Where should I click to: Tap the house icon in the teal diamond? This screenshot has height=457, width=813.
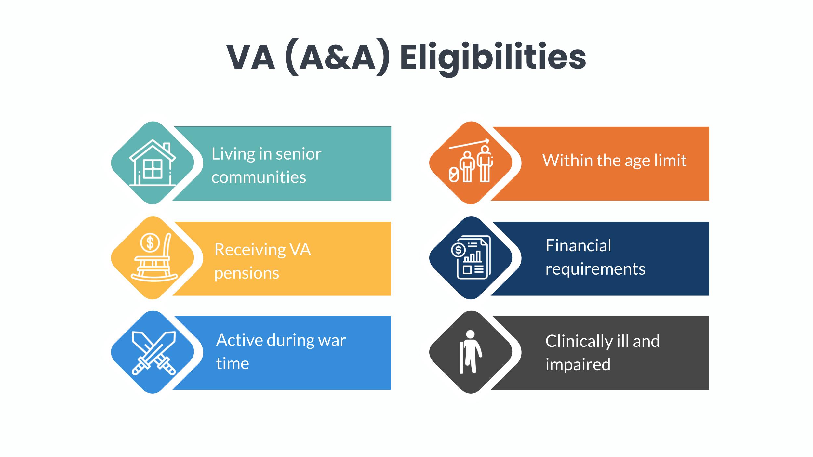[x=153, y=163]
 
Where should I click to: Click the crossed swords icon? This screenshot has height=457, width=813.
[x=153, y=353]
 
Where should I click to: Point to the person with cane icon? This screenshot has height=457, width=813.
[x=470, y=352]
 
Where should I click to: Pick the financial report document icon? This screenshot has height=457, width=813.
[x=471, y=257]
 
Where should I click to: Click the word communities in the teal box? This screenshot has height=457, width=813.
[x=259, y=177]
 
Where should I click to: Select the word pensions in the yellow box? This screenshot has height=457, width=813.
[x=247, y=273]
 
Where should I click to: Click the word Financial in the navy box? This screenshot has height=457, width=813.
[x=578, y=245]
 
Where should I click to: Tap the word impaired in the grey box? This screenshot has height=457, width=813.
[x=578, y=364]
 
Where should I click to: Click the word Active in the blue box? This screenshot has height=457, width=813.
[x=239, y=340]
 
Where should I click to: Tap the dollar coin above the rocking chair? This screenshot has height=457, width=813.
[x=150, y=242]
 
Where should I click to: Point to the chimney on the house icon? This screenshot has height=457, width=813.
[x=167, y=148]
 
